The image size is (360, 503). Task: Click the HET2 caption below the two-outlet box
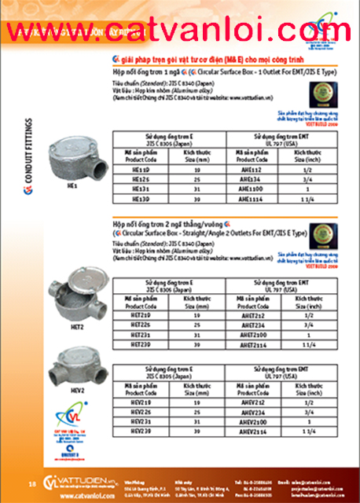77,325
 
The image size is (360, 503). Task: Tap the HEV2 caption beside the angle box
78,390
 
